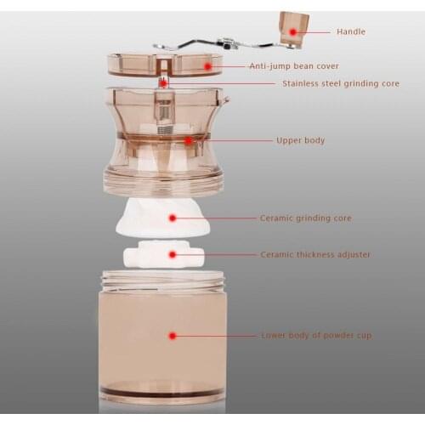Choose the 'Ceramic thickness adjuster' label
pyautogui.click(x=315, y=254)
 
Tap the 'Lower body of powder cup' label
pyautogui.click(x=315, y=336)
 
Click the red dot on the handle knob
pyautogui.click(x=293, y=31)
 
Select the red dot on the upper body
pyautogui.click(x=188, y=140)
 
